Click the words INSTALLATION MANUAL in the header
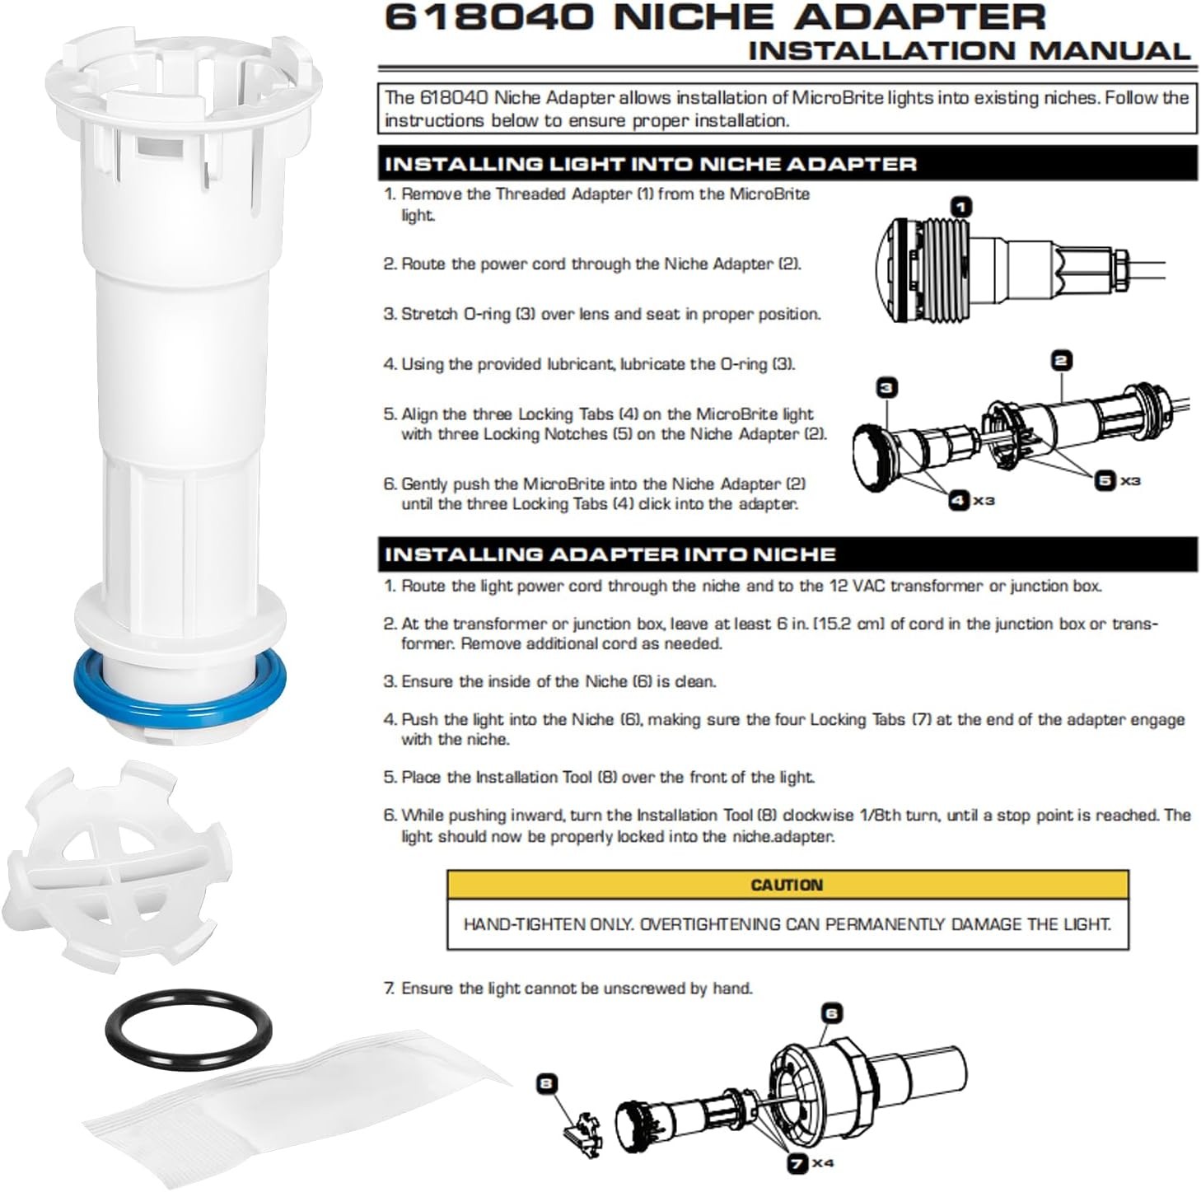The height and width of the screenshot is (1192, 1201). pos(969,50)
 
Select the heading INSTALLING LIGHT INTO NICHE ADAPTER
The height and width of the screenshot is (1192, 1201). pos(650,163)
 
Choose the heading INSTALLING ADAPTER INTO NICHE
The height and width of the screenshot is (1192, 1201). pos(610,554)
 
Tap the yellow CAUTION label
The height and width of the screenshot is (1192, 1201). pos(787,885)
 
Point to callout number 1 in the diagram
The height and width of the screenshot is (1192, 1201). pos(960,206)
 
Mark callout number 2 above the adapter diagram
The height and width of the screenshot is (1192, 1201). pos(1061,360)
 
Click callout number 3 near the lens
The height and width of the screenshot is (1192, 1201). pos(886,387)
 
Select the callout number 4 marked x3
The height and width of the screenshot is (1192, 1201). pos(959,500)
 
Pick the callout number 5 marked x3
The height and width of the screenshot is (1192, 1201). pos(1105,479)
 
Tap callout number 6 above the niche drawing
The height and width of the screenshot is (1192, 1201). pos(832,1012)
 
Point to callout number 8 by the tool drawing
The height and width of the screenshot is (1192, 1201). pos(546,1083)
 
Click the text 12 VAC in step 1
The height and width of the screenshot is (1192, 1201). pos(854,587)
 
